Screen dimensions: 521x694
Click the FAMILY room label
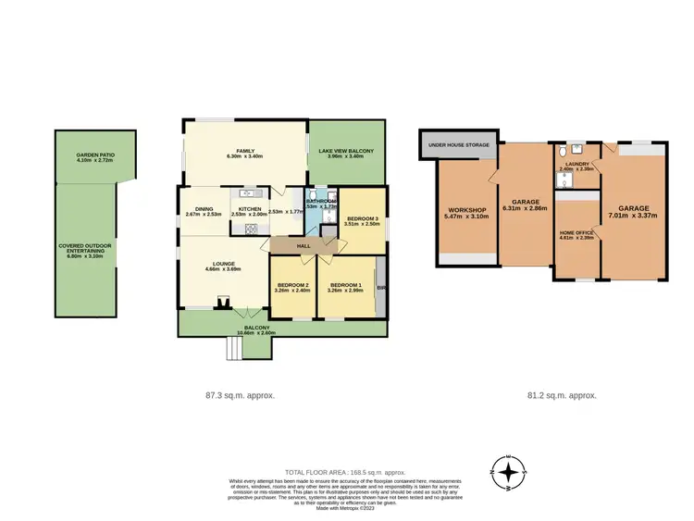click(x=245, y=151)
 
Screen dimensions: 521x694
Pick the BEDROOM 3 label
click(x=362, y=218)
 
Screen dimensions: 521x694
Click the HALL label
click(x=303, y=245)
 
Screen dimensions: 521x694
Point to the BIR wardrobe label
click(x=380, y=287)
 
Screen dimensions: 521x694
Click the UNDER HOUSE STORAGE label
click(x=460, y=144)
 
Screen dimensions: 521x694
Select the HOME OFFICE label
click(x=576, y=232)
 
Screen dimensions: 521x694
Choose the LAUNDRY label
click(x=575, y=164)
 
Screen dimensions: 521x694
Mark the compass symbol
click(x=508, y=472)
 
